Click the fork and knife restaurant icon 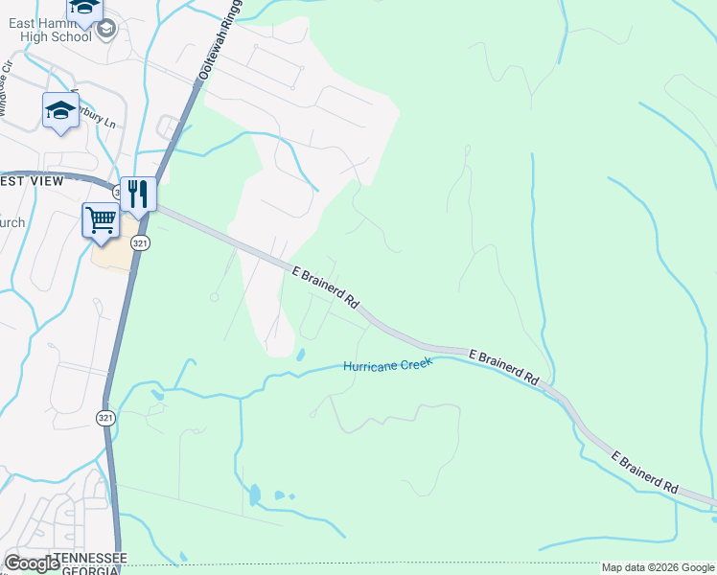pyautogui.click(x=138, y=195)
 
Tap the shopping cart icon pyautogui.click(x=101, y=220)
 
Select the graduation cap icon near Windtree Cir pyautogui.click(x=60, y=110)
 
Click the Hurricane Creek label pyautogui.click(x=387, y=365)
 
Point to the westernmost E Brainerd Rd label pyautogui.click(x=325, y=287)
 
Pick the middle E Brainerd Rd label pyautogui.click(x=504, y=368)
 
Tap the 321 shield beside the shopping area pyautogui.click(x=140, y=243)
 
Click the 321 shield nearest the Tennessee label pyautogui.click(x=105, y=418)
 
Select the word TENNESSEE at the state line pyautogui.click(x=90, y=558)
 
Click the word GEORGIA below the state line pyautogui.click(x=90, y=570)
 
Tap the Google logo pyautogui.click(x=32, y=563)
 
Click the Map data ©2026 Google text pyautogui.click(x=658, y=567)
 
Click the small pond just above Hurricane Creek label pyautogui.click(x=301, y=355)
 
